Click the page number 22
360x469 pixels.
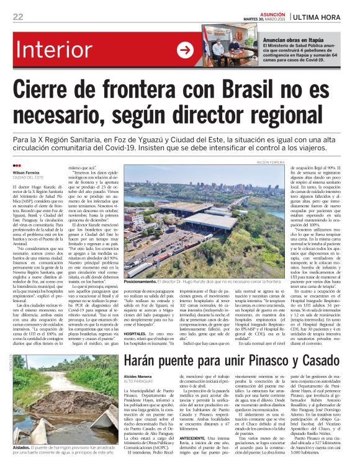[18, 16]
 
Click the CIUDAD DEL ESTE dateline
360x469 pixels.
[29, 178]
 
